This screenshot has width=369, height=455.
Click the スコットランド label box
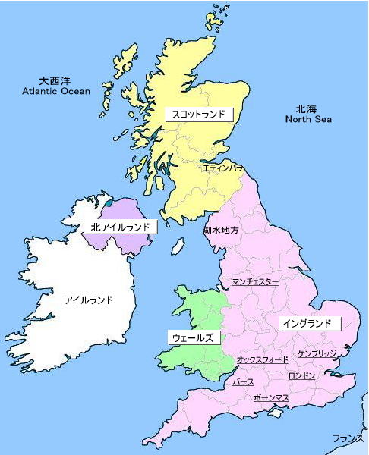pyautogui.click(x=198, y=115)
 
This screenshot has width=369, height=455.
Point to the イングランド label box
pyautogui.click(x=307, y=323)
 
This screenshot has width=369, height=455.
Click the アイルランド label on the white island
pyautogui.click(x=88, y=300)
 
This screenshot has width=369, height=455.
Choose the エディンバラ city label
pyautogui.click(x=222, y=168)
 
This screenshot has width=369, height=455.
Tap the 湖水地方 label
pyautogui.click(x=221, y=230)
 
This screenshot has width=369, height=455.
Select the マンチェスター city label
pyautogui.click(x=256, y=282)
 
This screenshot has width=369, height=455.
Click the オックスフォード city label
pyautogui.click(x=263, y=359)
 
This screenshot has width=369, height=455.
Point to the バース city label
pyautogui.click(x=244, y=382)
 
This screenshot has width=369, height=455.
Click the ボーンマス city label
pyautogui.click(x=271, y=397)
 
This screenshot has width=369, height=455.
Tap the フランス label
pyautogui.click(x=348, y=438)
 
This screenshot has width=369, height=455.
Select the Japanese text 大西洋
pyautogui.click(x=55, y=80)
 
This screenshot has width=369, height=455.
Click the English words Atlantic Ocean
pyautogui.click(x=55, y=91)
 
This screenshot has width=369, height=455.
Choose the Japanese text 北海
pyautogui.click(x=307, y=108)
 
